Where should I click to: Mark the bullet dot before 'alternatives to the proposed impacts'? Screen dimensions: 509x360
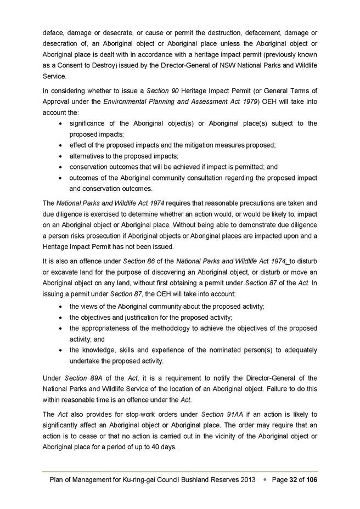coord(60,156)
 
